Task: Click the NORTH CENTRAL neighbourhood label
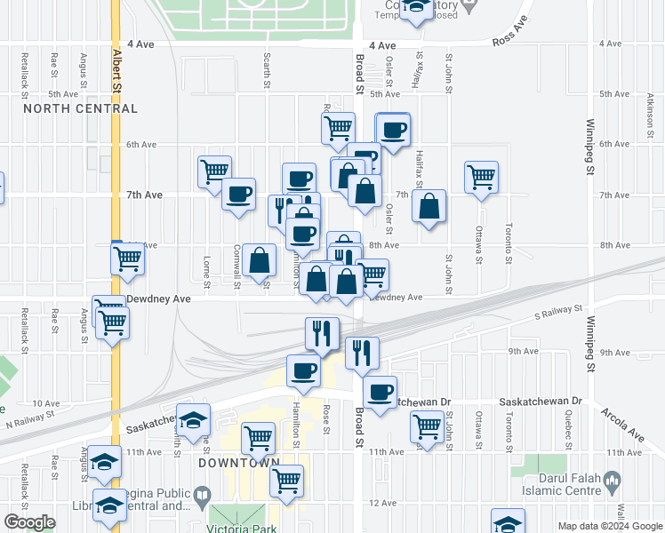point(81,108)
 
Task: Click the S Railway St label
point(558,313)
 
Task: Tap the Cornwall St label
point(236,266)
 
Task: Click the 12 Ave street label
point(382,503)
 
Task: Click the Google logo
point(29,522)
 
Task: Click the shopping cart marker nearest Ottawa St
point(481,175)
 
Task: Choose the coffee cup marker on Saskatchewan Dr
point(381,392)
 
